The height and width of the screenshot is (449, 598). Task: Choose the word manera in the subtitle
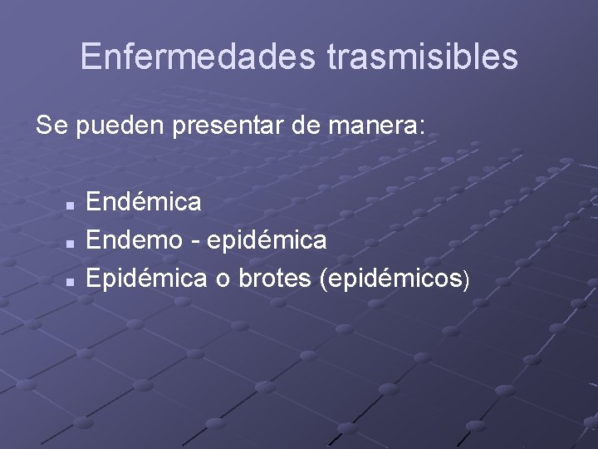point(371,127)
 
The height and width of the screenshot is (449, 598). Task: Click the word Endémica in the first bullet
point(143,201)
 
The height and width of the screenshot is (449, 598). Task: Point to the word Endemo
point(136,241)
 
